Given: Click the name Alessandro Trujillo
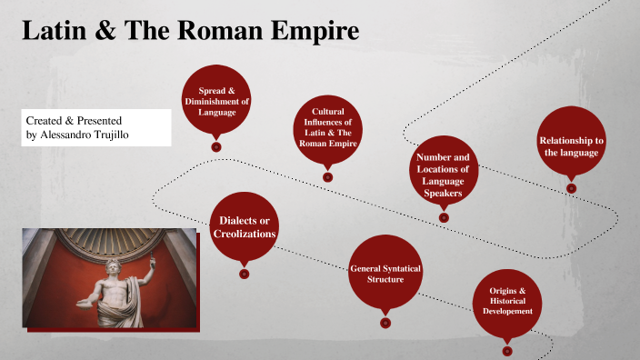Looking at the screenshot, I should coord(99,135).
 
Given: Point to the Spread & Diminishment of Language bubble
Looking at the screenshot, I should coord(216,100).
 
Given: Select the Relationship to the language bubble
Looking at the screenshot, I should coord(571,145).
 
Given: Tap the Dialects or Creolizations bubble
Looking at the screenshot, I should coord(243,227).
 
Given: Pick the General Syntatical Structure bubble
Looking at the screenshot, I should coord(385,273).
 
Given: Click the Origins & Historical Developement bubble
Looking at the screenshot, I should coord(507,300).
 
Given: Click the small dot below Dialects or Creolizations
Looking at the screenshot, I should coord(244,274).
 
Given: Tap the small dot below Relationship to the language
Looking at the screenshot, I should coord(571,188).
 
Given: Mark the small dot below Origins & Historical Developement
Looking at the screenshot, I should coord(507,350).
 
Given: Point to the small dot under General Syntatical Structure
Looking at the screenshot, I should coord(385,322).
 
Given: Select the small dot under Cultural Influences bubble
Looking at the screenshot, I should coord(327,176).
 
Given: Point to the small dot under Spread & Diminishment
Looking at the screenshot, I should coord(216,146).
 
